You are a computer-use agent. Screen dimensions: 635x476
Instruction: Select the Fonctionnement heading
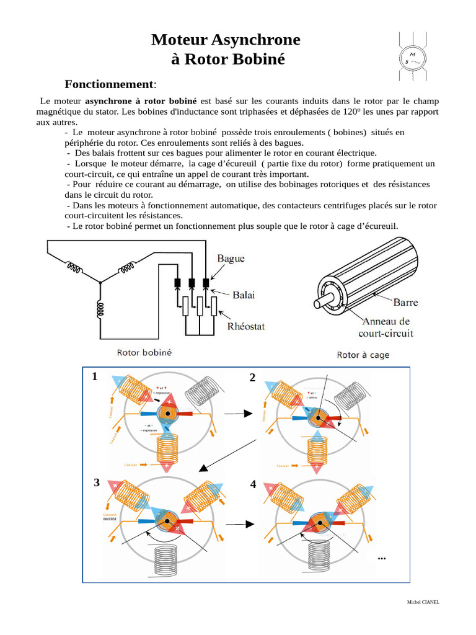click(110, 84)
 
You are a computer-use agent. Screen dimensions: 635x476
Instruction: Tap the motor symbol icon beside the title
click(410, 56)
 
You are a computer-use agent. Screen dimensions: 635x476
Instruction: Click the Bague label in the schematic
click(231, 258)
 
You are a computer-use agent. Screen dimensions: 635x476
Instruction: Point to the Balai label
click(244, 295)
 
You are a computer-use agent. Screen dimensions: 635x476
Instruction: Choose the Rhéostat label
click(246, 326)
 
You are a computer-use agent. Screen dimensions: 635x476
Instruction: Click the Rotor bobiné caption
click(144, 352)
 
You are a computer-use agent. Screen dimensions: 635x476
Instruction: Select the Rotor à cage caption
click(363, 355)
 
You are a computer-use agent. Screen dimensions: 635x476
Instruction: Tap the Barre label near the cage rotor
click(405, 303)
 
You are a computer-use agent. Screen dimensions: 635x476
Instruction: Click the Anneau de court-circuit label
click(386, 327)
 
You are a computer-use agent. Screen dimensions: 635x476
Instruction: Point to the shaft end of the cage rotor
click(318, 304)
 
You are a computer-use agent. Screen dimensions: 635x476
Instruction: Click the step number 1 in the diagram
click(95, 376)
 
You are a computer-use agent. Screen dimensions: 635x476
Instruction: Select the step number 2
click(252, 378)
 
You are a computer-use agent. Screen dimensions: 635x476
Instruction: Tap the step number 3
click(97, 482)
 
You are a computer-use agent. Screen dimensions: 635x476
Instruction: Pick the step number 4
click(253, 484)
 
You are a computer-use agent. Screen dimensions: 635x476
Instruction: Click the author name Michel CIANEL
click(423, 602)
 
